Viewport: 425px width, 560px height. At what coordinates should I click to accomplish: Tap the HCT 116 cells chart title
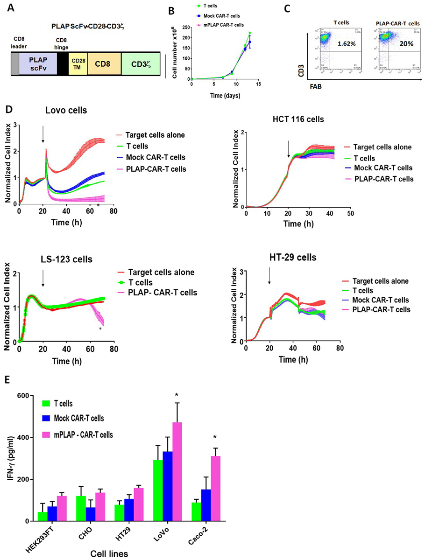coord(313,119)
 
